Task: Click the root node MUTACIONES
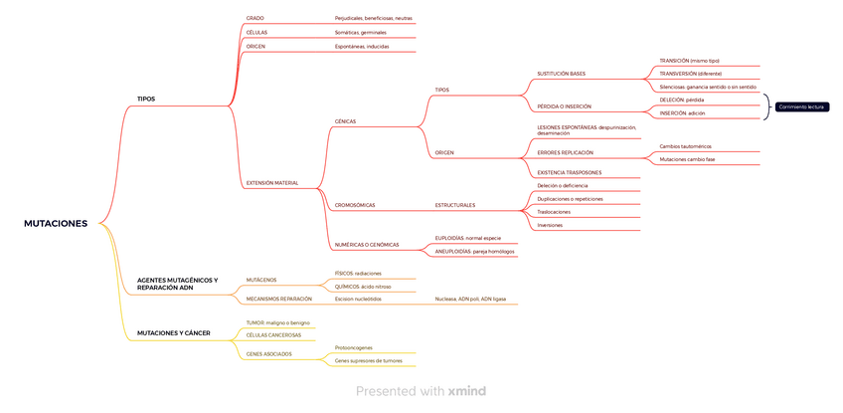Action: coord(56,224)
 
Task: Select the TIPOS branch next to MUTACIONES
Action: coord(146,99)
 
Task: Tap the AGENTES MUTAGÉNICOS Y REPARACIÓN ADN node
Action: coord(177,284)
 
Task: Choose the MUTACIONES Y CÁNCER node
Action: coord(173,332)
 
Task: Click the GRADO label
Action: coord(254,18)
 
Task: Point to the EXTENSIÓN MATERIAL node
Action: coord(271,183)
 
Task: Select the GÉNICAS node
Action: coord(345,121)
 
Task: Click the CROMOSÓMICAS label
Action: coord(355,205)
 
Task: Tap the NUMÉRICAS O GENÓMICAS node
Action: coord(366,244)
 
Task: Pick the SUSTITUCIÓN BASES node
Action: coord(561,74)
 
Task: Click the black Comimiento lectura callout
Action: coord(801,106)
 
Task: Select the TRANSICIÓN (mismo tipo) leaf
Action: coord(689,61)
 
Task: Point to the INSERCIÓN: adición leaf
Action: coord(682,113)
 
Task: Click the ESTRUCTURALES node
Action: coord(454,205)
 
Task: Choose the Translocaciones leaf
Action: coord(554,212)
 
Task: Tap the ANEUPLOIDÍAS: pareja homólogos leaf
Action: coord(474,252)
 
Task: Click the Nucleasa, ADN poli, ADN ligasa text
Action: coord(470,299)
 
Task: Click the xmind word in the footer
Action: coord(466,391)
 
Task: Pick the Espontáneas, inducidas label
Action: coord(362,46)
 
